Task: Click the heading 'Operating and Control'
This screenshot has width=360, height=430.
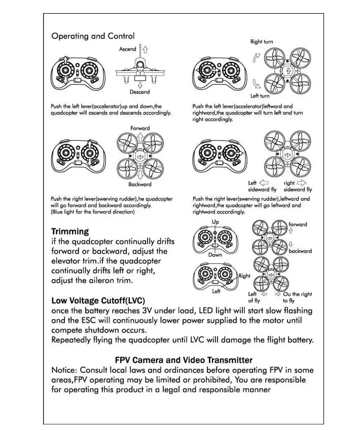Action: point(93,36)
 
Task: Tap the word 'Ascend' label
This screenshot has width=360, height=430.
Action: point(128,49)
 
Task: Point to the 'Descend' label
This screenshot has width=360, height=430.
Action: point(139,92)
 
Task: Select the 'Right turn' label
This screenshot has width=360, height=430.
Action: point(262,42)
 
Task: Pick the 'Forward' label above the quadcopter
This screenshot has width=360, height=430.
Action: point(140,128)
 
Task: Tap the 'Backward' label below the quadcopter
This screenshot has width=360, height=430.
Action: point(139,184)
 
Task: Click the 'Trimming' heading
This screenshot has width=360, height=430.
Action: point(70,231)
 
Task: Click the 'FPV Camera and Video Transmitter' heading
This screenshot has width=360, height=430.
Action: point(184,360)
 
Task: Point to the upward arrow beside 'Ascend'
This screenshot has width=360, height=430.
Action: point(145,50)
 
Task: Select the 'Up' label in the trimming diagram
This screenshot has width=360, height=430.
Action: point(215,222)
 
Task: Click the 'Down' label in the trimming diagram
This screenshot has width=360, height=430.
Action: point(215,255)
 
